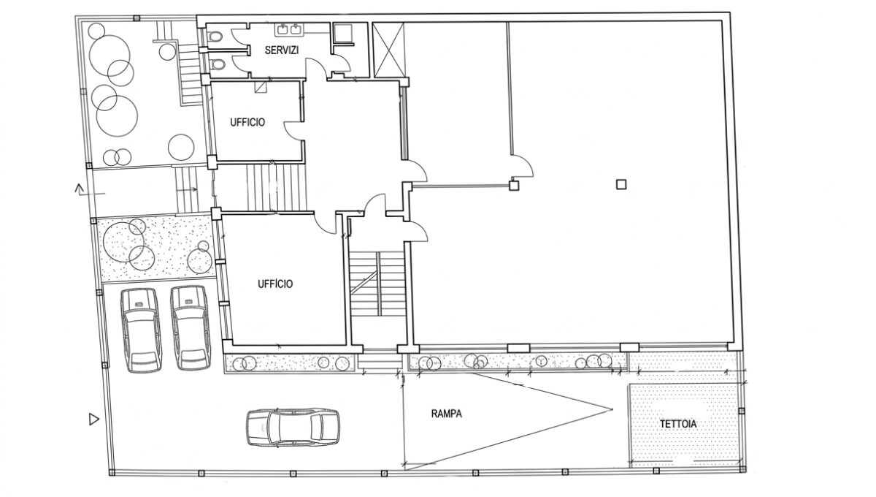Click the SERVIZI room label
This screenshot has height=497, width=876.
[282, 50]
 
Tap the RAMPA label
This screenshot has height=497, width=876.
[446, 414]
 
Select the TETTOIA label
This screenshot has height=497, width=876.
[678, 424]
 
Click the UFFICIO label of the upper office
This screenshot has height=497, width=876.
[247, 122]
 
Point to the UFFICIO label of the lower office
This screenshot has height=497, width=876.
[275, 284]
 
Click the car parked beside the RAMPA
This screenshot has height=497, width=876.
[293, 428]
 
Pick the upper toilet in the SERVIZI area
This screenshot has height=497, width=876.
[215, 37]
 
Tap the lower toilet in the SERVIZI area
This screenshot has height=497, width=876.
[217, 64]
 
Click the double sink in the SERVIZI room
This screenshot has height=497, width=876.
[290, 29]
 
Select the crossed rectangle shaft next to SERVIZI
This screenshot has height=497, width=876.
[388, 50]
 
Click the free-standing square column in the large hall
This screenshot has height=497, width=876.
[621, 184]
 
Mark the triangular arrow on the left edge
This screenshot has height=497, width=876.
[94, 419]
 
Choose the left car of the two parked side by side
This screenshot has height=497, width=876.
[141, 330]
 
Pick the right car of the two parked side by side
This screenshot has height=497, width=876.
[191, 328]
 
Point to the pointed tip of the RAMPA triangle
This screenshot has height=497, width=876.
[612, 410]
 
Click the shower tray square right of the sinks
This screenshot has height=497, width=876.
[343, 32]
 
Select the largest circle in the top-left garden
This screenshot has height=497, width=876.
[117, 116]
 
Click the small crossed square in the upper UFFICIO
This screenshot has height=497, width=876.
[261, 86]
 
